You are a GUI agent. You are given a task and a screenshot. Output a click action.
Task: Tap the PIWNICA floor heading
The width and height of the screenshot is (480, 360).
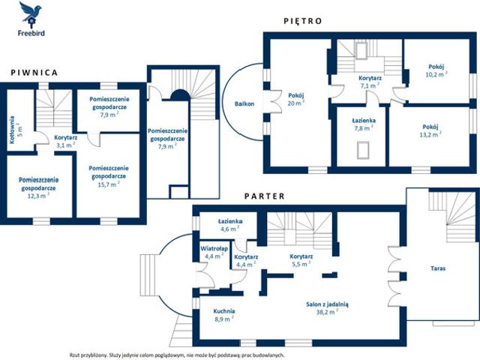click(x=34, y=73)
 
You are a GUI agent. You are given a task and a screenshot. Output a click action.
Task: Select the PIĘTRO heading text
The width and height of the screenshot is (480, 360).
click(x=303, y=21)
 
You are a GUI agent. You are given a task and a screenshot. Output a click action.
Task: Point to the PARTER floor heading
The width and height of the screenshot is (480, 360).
click(x=265, y=196)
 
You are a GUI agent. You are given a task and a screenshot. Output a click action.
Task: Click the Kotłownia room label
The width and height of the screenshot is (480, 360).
click(x=12, y=130)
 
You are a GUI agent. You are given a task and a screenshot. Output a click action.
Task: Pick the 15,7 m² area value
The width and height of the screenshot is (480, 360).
click(x=109, y=184)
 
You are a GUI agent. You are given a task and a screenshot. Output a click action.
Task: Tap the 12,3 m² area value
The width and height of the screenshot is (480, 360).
click(x=38, y=196)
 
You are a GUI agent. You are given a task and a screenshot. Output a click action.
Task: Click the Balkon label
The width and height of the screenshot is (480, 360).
click(x=244, y=103)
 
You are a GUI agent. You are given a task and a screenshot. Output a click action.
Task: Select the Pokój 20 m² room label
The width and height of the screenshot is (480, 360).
click(x=296, y=99)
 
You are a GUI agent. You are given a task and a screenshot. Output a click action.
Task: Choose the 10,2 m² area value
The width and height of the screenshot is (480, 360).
click(x=436, y=74)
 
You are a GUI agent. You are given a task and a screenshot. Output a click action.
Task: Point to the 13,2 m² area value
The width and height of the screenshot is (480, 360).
click(x=430, y=134)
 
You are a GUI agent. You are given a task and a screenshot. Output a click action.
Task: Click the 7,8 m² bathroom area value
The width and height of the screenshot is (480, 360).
click(x=364, y=128)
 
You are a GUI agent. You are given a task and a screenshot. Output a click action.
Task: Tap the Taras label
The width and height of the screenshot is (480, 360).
click(x=438, y=268)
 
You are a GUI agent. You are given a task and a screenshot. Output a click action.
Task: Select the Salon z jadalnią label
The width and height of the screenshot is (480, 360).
click(x=327, y=304)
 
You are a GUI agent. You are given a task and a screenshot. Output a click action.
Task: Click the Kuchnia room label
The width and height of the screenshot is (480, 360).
click(x=224, y=311)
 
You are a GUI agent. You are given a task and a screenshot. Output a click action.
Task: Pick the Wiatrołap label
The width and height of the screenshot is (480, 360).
click(x=214, y=248)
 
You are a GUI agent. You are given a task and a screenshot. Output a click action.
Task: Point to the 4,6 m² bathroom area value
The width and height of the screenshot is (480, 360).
click(x=230, y=228)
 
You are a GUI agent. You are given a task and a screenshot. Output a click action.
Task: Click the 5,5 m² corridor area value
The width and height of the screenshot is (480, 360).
click(x=301, y=264)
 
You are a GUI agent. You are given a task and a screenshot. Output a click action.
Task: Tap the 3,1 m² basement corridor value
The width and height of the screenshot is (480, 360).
click(x=66, y=145)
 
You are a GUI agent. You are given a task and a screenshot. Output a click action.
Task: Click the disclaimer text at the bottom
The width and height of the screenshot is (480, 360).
click(x=177, y=355)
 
